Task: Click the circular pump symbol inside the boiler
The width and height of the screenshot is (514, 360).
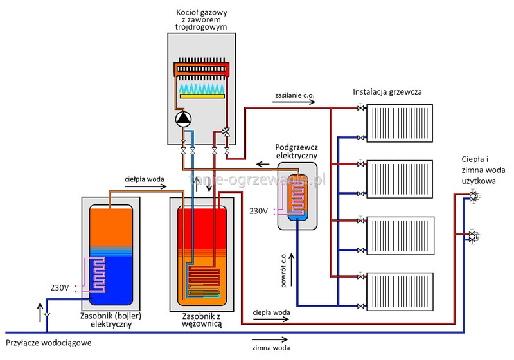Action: [184, 118]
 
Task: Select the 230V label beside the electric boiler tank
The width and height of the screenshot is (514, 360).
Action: [60, 287]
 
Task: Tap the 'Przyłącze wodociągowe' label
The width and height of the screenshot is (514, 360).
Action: [49, 343]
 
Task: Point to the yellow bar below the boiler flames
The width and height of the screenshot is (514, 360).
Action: [202, 96]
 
